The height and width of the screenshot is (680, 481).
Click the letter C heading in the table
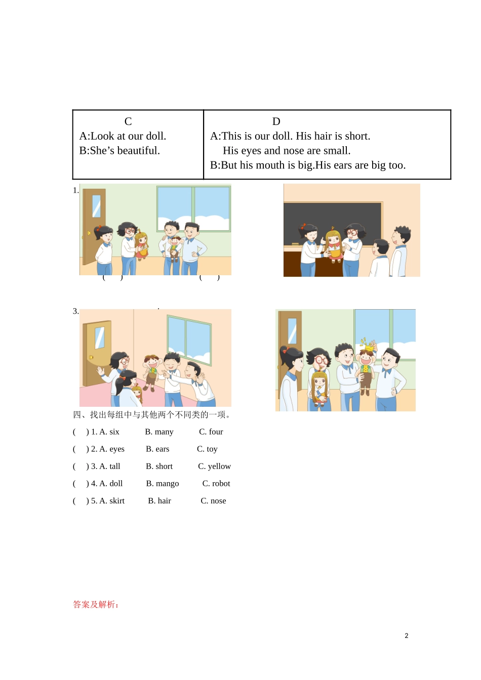pyautogui.click(x=128, y=121)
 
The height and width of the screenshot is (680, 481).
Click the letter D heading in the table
pyautogui.click(x=276, y=121)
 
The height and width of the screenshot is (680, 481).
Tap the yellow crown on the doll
pyautogui.click(x=368, y=347)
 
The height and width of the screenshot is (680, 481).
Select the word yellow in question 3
pyautogui.click(x=219, y=466)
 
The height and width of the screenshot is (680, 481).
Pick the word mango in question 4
pyautogui.click(x=167, y=484)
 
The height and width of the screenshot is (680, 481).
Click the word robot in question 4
pyautogui.click(x=221, y=484)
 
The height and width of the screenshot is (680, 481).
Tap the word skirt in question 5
pyautogui.click(x=117, y=501)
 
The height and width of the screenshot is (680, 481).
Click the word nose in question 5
pyautogui.click(x=218, y=501)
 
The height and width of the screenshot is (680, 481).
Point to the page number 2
pyautogui.click(x=406, y=636)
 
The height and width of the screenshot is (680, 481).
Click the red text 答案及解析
pyautogui.click(x=95, y=605)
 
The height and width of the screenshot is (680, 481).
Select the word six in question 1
pyautogui.click(x=114, y=432)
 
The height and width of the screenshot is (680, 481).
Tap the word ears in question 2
pyautogui.click(x=163, y=449)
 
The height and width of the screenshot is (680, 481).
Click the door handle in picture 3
pyautogui.click(x=91, y=358)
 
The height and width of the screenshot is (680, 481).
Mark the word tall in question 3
pyautogui.click(x=115, y=466)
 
